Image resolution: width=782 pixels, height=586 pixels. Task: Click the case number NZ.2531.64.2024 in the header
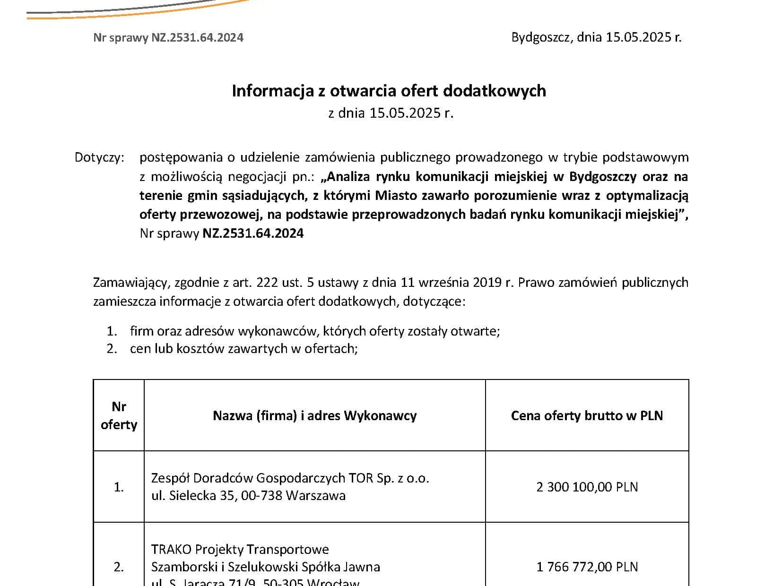(x=197, y=38)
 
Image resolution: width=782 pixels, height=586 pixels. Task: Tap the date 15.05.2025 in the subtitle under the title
(x=405, y=113)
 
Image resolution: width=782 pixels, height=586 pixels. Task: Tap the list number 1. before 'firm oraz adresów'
(x=112, y=331)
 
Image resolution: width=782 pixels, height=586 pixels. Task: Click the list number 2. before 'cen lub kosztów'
(x=112, y=349)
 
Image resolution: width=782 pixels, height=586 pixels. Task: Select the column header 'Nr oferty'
(x=119, y=415)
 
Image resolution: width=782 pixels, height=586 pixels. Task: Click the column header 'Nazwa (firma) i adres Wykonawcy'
(x=314, y=416)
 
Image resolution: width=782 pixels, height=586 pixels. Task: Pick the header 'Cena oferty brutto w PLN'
(x=587, y=416)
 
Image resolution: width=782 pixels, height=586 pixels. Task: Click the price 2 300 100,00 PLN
(x=587, y=487)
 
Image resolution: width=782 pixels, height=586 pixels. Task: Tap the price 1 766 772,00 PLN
(x=587, y=567)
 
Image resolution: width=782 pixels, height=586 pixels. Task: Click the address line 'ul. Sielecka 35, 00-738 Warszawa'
(x=248, y=496)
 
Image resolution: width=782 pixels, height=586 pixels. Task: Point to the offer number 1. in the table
(x=119, y=487)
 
